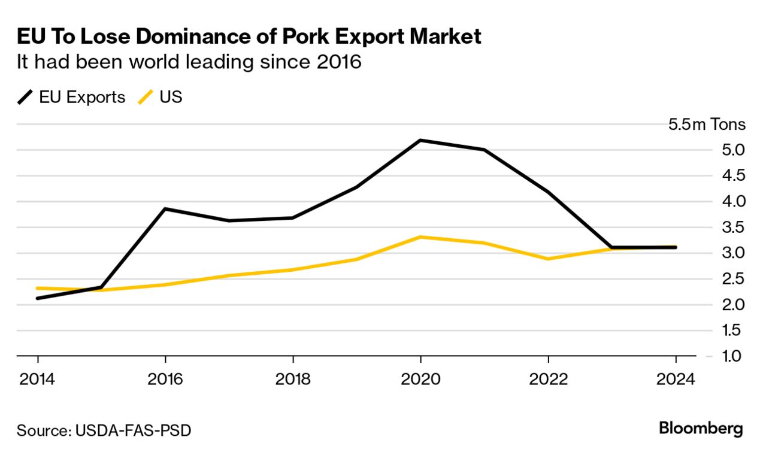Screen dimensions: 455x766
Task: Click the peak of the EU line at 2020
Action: [420, 140]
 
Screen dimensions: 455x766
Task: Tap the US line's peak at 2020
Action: [420, 237]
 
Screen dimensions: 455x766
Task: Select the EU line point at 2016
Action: [165, 209]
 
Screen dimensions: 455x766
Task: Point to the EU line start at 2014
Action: [38, 298]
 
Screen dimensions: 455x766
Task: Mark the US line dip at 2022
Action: [548, 259]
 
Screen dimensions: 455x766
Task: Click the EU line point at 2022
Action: [548, 192]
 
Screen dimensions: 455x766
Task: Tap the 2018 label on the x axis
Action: [293, 380]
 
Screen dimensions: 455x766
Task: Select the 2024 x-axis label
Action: [676, 380]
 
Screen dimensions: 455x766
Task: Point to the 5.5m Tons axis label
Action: [707, 125]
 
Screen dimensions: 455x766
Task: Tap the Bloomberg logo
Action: [701, 429]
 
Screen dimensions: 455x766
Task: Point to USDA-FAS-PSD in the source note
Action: [134, 430]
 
